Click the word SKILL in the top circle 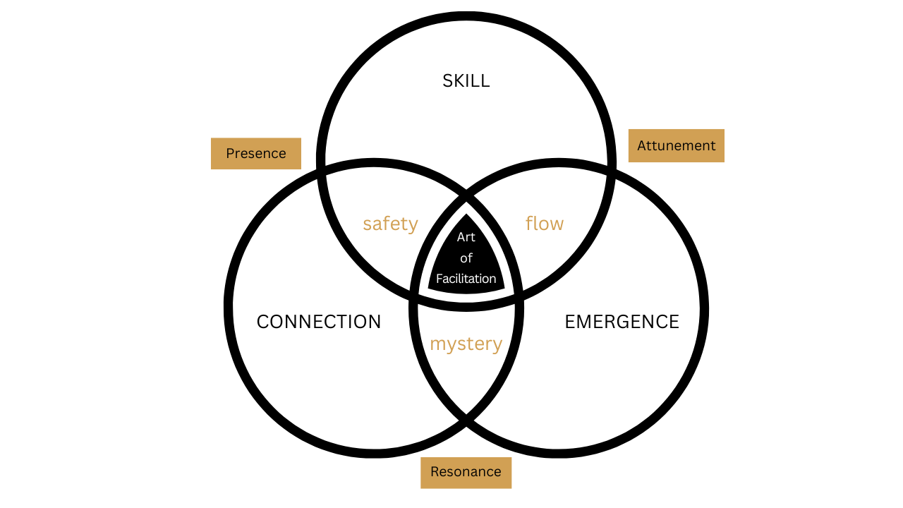pos(466,81)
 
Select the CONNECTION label pos(319,322)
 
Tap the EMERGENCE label pos(622,322)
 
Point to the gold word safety pos(390,224)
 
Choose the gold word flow pos(545,224)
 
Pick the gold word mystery pos(466,344)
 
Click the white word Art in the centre pos(466,237)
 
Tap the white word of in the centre pos(466,258)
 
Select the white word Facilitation pos(466,279)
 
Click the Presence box pos(256,153)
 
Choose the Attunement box pos(676,145)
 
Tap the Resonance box pos(466,472)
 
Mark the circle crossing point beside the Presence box pos(322,168)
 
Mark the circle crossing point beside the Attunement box pos(611,168)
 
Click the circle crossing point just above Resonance pos(466,421)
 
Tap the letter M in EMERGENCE pos(583,322)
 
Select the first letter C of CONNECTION pos(263,322)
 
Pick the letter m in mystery pos(437,345)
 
